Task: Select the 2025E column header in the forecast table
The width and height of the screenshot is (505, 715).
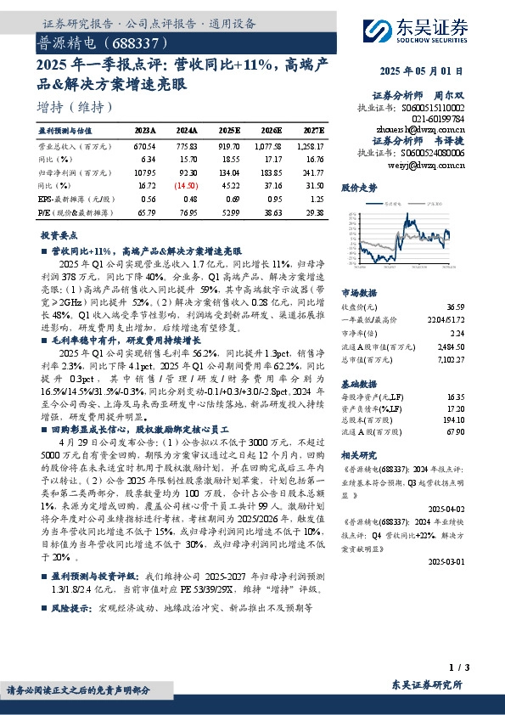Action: tap(229, 131)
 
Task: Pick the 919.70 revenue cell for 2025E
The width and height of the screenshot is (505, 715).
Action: tap(228, 146)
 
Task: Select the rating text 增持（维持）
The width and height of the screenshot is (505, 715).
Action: tap(76, 107)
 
